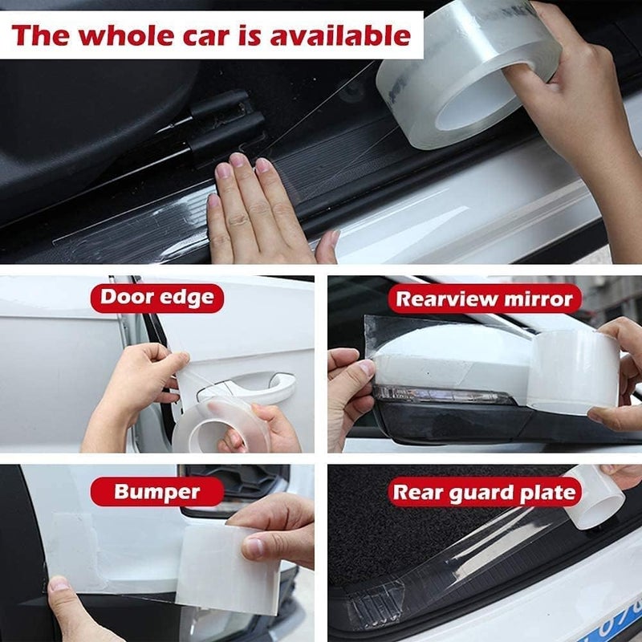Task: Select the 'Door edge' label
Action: point(156,299)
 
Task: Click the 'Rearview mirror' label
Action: point(486,299)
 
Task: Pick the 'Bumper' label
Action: point(156,491)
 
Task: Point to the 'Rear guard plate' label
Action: point(484,491)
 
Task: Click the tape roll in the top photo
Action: point(469,76)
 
